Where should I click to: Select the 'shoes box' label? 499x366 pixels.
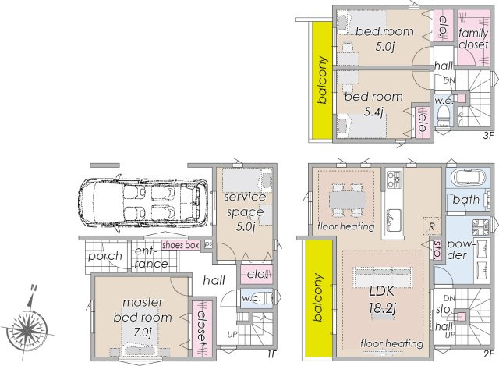(x=180, y=245)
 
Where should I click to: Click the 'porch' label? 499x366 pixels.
(x=104, y=256)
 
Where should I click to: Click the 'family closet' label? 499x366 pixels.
(x=472, y=38)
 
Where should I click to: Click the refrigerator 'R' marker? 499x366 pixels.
(x=431, y=227)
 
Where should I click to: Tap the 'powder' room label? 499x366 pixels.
(x=459, y=248)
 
